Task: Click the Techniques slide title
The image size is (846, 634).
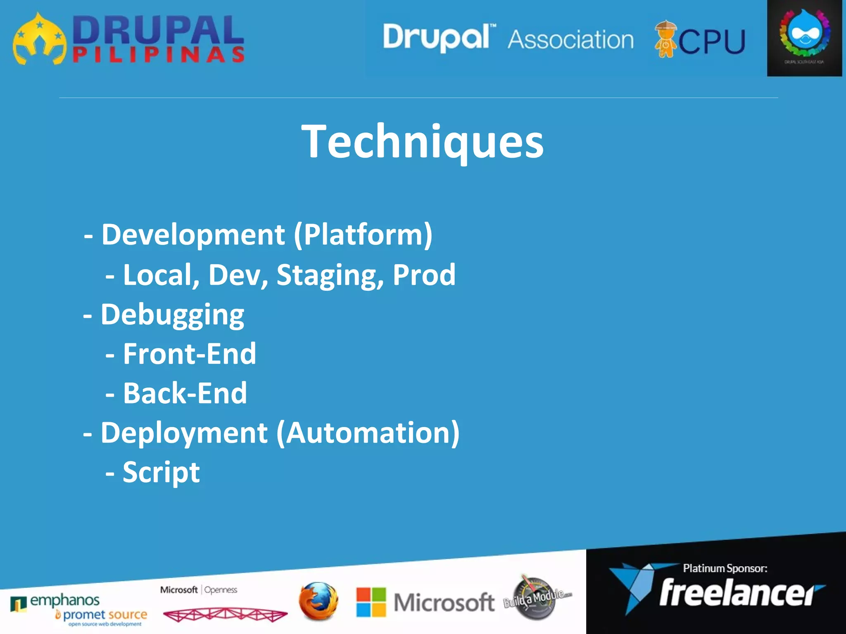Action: (x=422, y=142)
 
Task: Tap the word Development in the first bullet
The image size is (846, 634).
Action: (x=193, y=234)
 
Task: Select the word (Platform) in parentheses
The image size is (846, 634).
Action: (x=363, y=234)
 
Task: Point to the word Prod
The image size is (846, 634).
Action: (x=424, y=274)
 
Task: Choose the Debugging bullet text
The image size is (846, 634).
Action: (x=172, y=315)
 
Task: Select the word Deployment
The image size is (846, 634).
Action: (x=184, y=433)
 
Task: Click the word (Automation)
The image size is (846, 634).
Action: (x=368, y=433)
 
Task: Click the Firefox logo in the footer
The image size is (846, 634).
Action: (x=318, y=601)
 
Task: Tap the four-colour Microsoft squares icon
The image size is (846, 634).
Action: (x=371, y=602)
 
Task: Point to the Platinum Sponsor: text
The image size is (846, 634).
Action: (x=725, y=568)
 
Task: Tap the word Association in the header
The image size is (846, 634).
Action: (x=570, y=40)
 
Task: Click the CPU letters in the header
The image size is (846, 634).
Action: (x=712, y=42)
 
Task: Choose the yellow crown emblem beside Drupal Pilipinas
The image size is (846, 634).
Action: (x=39, y=40)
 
